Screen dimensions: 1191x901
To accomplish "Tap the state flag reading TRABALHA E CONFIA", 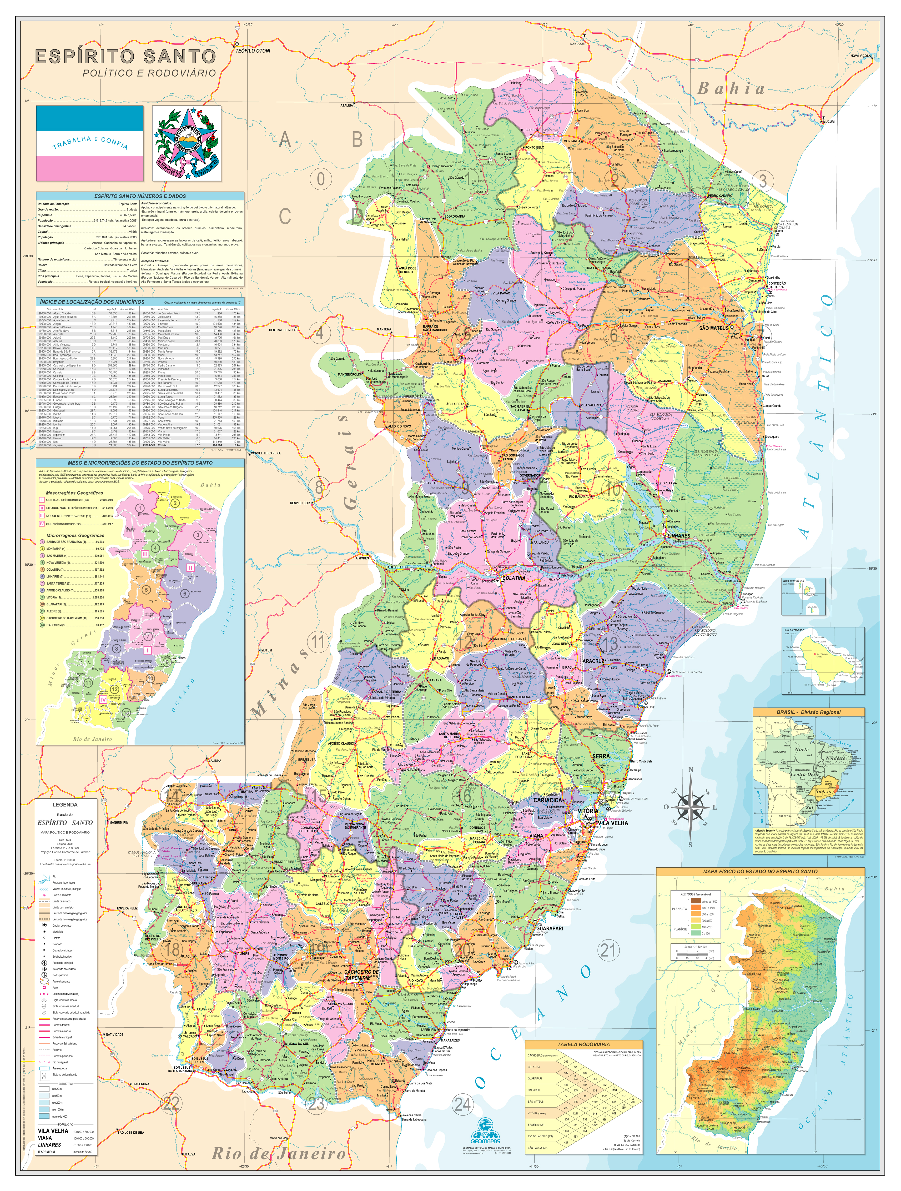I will [90, 143].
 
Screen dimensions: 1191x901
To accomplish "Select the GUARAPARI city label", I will [550, 928].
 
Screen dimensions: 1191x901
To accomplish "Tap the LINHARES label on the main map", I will [678, 536].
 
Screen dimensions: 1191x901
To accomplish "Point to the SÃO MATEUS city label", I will [714, 328].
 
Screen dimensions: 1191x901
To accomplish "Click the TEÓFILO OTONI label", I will [253, 51].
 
